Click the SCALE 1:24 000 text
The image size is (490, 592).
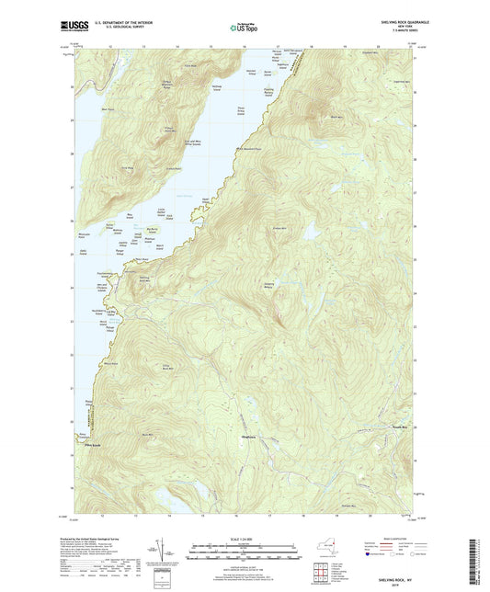point(245,538)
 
